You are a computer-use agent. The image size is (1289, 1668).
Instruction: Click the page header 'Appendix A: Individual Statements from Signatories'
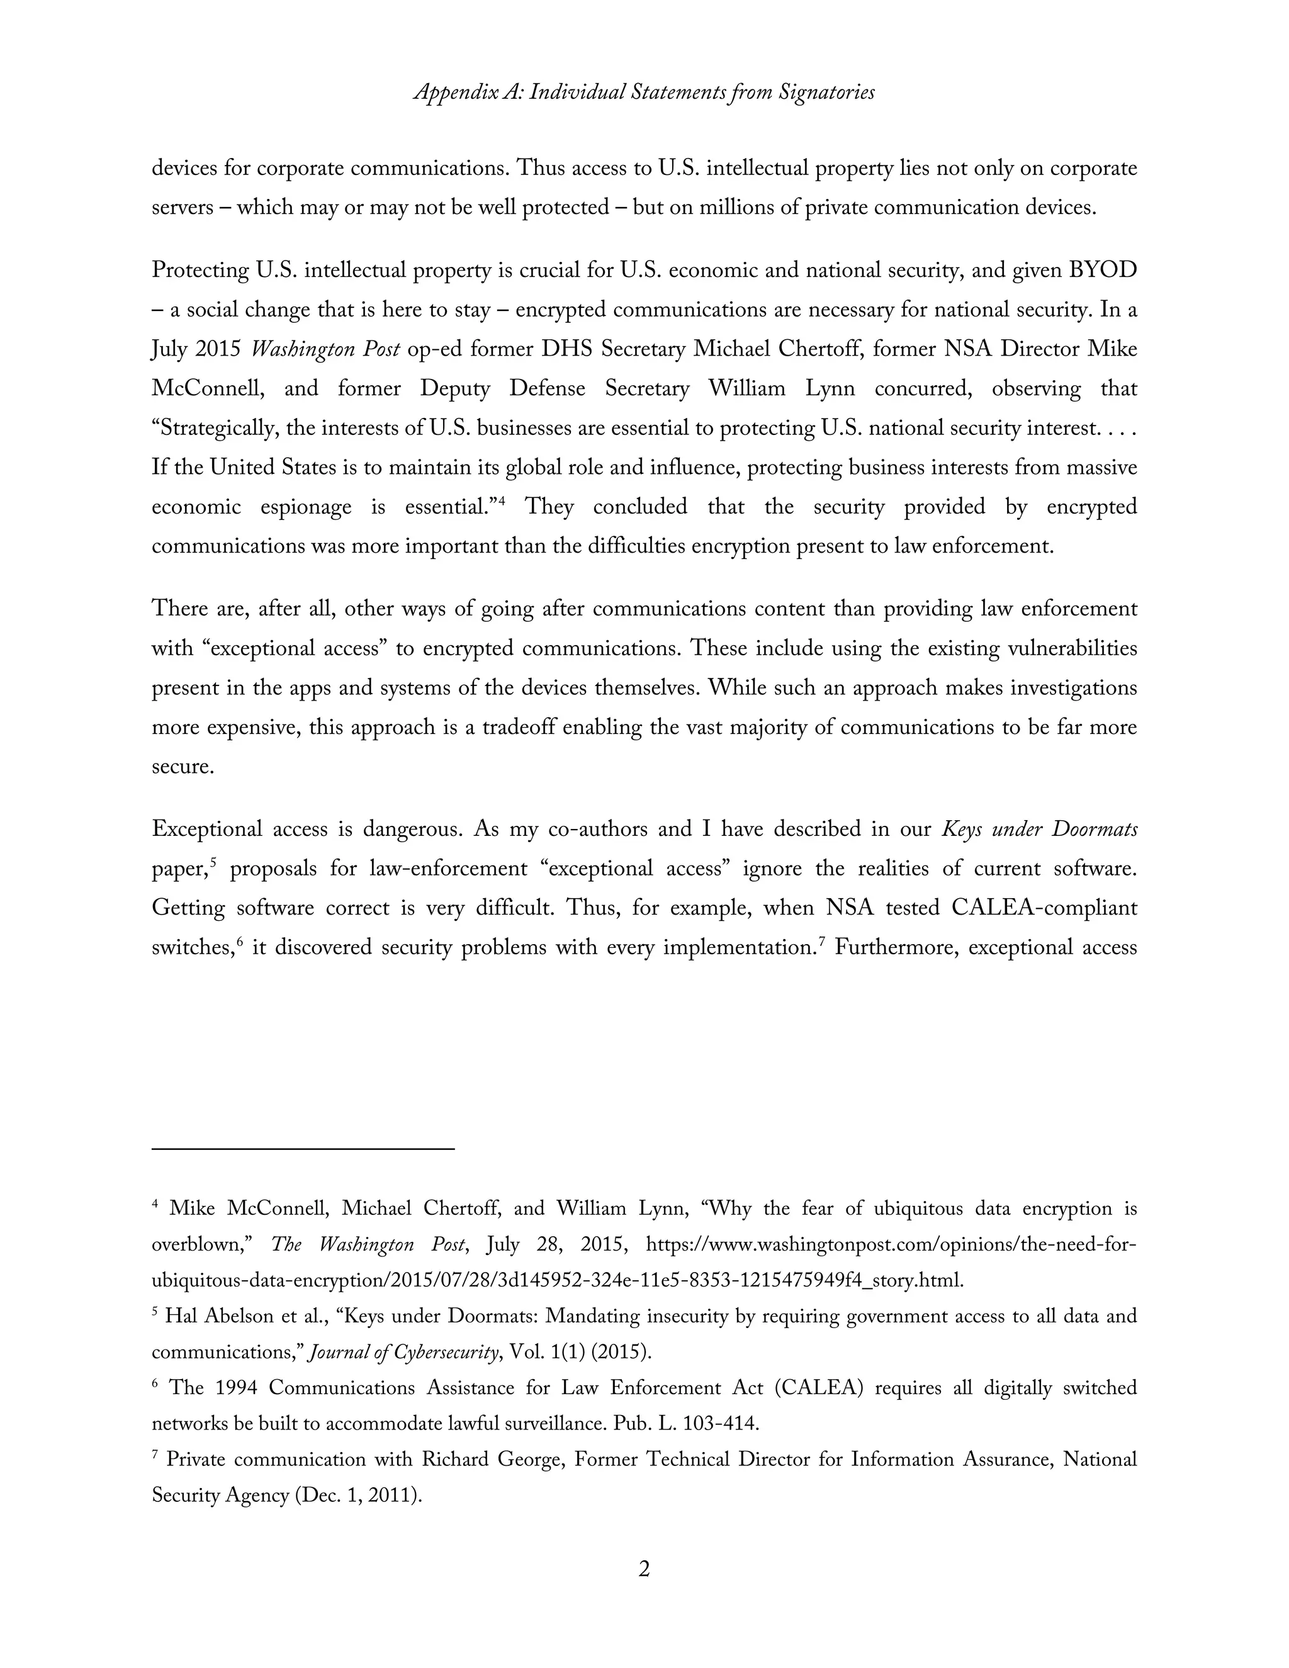click(x=644, y=93)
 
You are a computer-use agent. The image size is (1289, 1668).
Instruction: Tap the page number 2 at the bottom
click(x=644, y=1569)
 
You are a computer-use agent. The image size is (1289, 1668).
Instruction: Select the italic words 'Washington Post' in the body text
click(x=325, y=350)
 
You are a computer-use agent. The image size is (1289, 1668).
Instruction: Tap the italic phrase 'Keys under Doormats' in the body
click(x=1039, y=830)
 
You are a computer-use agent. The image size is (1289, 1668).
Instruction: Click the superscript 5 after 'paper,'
click(x=214, y=862)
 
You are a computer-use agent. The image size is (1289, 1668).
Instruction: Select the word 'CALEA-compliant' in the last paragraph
click(x=1044, y=908)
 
